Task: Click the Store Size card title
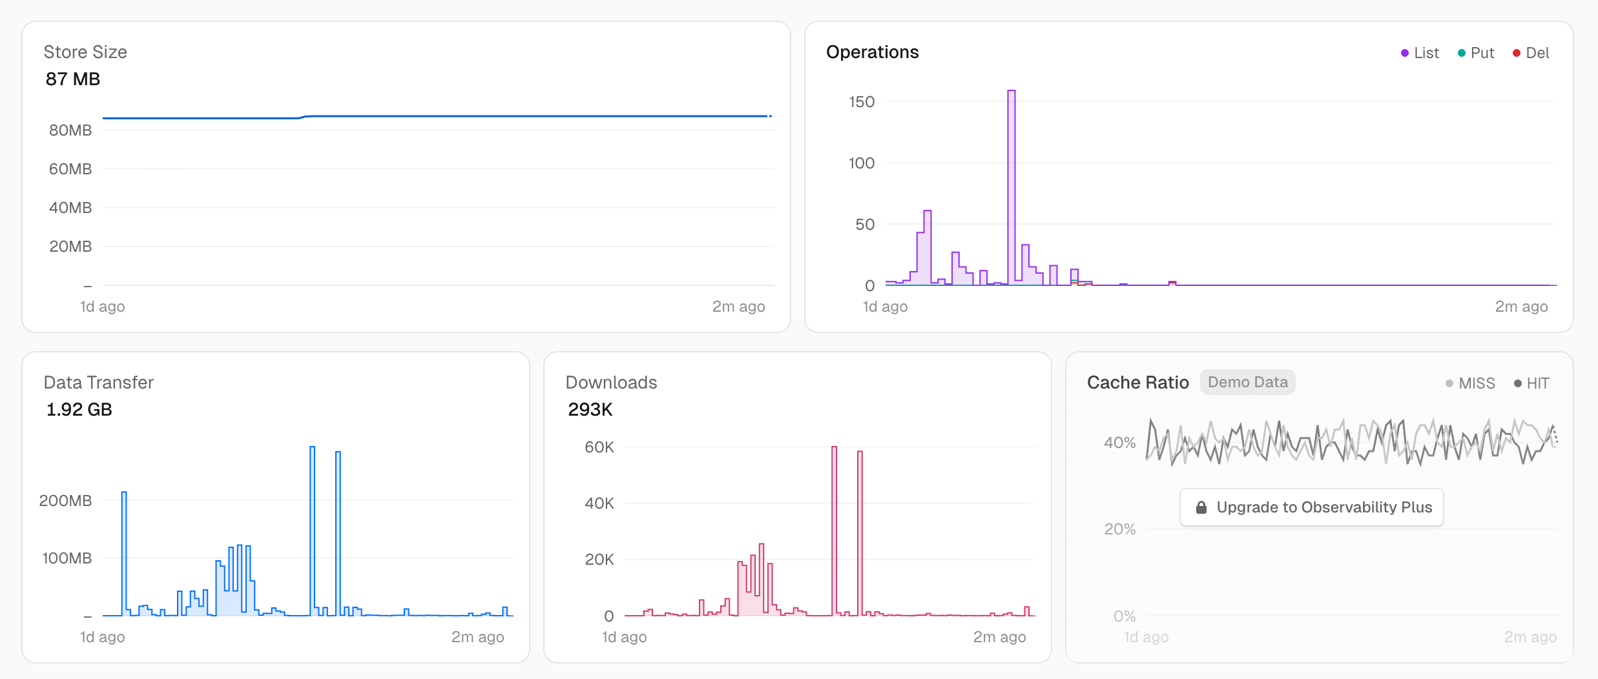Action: click(85, 52)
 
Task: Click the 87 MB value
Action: click(73, 79)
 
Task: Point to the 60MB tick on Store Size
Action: click(70, 169)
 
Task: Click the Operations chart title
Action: click(872, 52)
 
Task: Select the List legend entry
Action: click(1420, 53)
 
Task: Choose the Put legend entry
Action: click(1476, 53)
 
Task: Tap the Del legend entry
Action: click(1531, 53)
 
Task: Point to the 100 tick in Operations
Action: click(862, 163)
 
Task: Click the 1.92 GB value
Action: click(79, 410)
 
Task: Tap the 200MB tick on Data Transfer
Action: click(65, 501)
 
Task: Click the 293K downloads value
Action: click(590, 410)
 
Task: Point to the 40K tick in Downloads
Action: click(599, 503)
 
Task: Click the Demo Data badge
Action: click(1247, 383)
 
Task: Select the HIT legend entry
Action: click(1531, 383)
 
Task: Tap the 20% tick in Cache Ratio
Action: click(1119, 529)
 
